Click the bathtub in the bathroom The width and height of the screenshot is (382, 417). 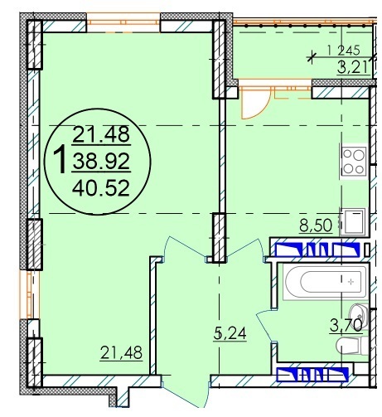[x=326, y=282]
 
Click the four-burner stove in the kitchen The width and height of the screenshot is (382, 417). [x=353, y=162]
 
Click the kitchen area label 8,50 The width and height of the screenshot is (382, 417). [x=316, y=225]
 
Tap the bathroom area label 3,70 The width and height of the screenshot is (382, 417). [x=346, y=325]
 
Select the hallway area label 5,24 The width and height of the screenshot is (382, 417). [x=230, y=334]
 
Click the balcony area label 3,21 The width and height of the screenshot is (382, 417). [x=354, y=67]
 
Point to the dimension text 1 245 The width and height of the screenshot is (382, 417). [x=344, y=51]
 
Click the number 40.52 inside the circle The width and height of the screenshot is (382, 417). [x=101, y=188]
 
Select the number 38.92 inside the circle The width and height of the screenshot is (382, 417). [x=101, y=162]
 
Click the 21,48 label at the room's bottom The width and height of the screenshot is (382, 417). [x=121, y=353]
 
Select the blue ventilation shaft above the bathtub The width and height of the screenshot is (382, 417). [x=318, y=250]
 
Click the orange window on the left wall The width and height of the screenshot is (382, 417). [x=29, y=294]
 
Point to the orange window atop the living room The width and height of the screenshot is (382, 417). [x=123, y=22]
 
